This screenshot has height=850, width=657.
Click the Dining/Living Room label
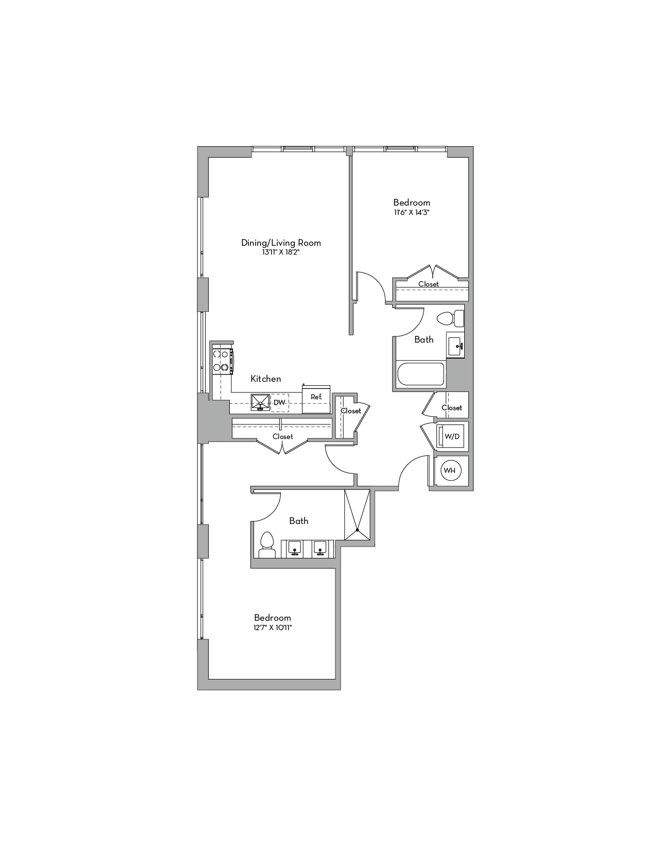point(281,243)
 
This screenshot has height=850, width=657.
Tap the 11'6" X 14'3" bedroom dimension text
point(411,213)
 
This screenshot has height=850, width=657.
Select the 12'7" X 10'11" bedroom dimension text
point(273,628)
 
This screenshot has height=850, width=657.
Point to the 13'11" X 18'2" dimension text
point(280,253)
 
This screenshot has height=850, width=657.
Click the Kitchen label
point(266,379)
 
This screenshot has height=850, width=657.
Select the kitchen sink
point(260,402)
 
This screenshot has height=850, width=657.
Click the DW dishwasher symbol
point(279,403)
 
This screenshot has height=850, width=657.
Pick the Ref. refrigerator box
point(316,399)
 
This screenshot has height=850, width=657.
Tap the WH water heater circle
point(450,470)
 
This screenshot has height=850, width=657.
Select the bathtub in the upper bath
point(421,375)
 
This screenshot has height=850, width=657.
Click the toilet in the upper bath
point(450,318)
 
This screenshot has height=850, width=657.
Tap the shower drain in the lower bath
point(357,530)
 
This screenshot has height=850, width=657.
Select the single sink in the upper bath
point(455,347)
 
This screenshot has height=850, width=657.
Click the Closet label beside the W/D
point(452,407)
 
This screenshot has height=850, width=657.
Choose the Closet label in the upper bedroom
point(429,284)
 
